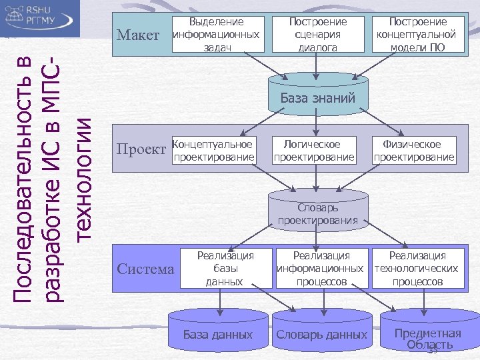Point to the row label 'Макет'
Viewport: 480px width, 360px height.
click(137, 35)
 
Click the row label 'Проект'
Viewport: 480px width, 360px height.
click(141, 148)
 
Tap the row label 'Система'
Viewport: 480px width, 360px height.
click(145, 269)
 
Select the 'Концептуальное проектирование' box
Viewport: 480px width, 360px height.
click(213, 150)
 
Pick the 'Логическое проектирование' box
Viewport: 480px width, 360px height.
click(313, 150)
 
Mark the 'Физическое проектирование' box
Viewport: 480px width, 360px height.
click(414, 150)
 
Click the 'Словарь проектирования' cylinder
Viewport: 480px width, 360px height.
click(317, 213)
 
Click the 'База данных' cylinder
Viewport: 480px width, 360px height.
click(217, 333)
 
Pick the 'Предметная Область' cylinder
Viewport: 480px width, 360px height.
click(427, 336)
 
